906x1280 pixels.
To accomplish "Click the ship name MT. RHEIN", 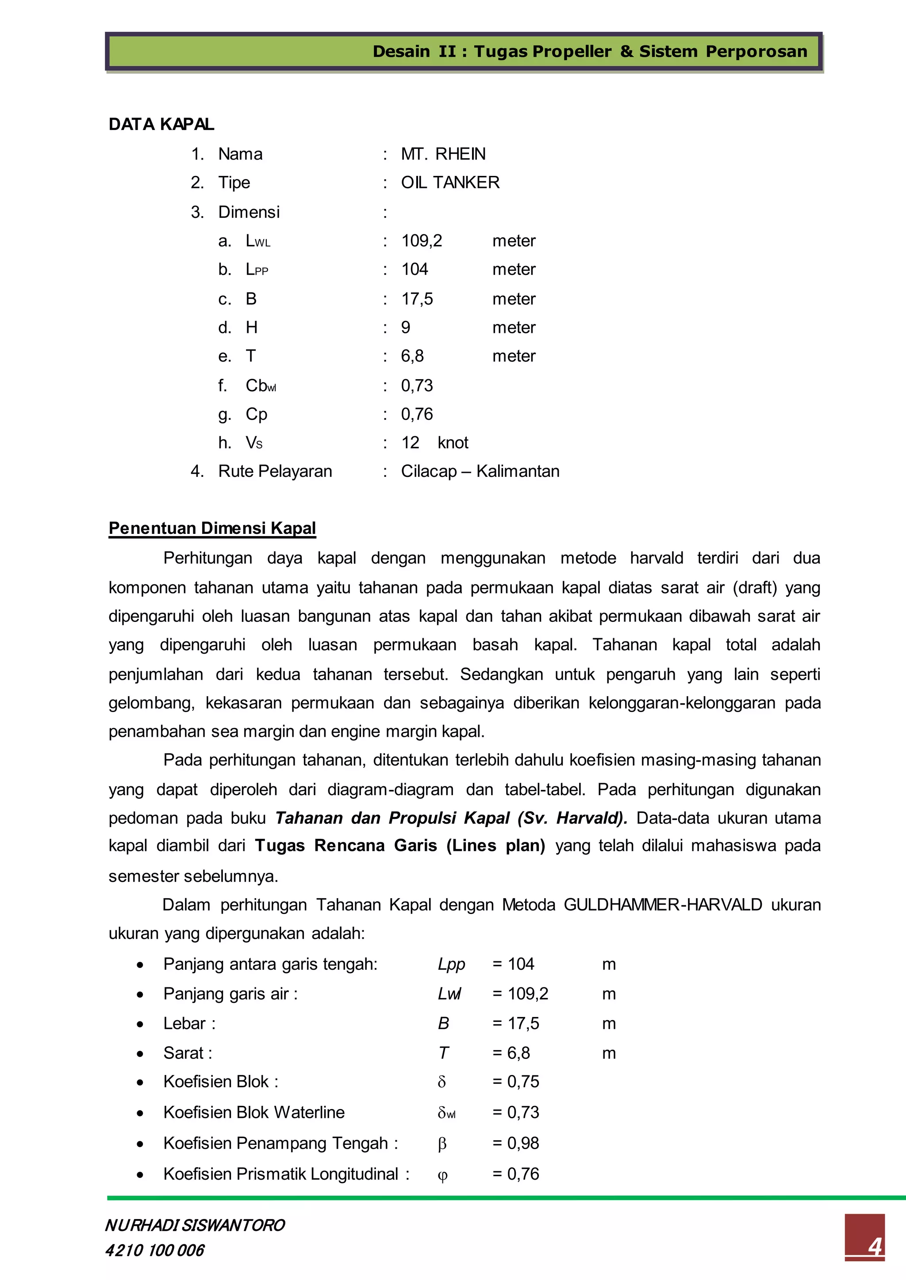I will pyautogui.click(x=443, y=154).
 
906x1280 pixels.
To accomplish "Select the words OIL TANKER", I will pyautogui.click(x=450, y=182).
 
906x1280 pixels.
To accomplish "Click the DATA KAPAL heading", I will pyautogui.click(x=161, y=124).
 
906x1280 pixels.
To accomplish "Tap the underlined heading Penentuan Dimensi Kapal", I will pyautogui.click(x=212, y=528).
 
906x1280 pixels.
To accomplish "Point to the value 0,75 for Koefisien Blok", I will pyautogui.click(x=523, y=1082).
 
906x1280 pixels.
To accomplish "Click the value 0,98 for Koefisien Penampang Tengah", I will pyautogui.click(x=523, y=1143).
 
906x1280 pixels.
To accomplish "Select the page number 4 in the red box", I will pyautogui.click(x=874, y=1246).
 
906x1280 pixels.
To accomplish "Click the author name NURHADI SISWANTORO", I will pyautogui.click(x=195, y=1225).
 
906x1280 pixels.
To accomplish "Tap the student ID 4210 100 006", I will pyautogui.click(x=154, y=1250).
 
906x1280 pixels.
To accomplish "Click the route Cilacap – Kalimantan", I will pyautogui.click(x=480, y=471).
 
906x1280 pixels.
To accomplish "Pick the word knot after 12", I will pyautogui.click(x=453, y=442).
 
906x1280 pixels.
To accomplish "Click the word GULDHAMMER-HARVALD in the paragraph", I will pyautogui.click(x=663, y=904).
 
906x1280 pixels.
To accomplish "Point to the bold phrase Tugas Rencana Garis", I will pyautogui.click(x=346, y=846).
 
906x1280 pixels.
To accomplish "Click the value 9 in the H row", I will pyautogui.click(x=406, y=327).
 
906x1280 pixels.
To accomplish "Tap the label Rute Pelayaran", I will pyautogui.click(x=275, y=471).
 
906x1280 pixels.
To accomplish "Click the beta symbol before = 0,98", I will pyautogui.click(x=442, y=1144).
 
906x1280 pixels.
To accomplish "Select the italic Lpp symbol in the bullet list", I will pyautogui.click(x=451, y=964).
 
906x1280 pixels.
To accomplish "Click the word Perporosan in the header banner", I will pyautogui.click(x=756, y=51).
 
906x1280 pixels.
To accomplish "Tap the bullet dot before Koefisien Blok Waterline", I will pyautogui.click(x=140, y=1113).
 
